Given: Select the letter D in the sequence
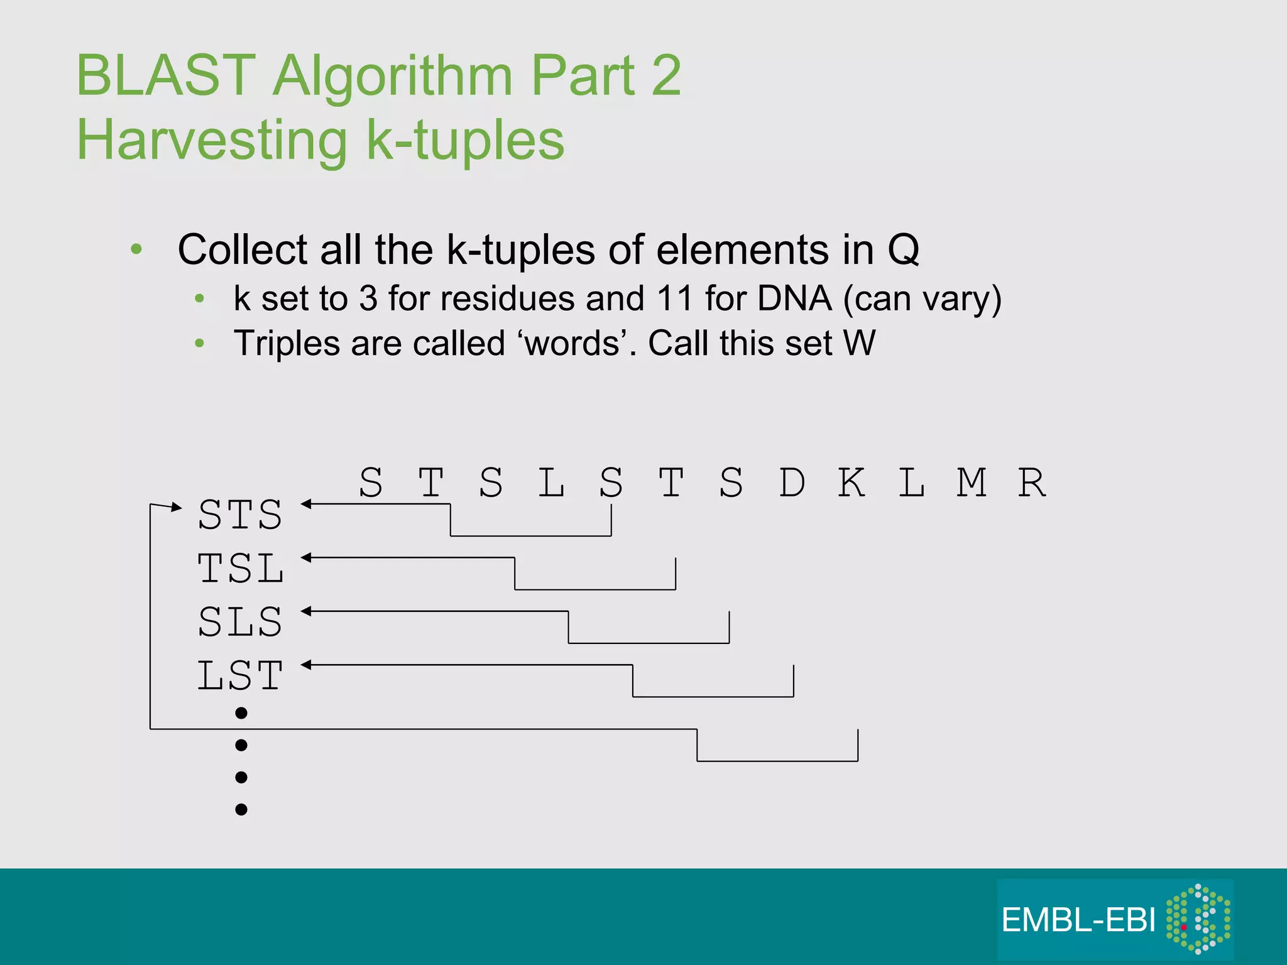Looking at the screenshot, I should click(x=792, y=482).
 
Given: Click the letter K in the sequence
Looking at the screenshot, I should click(x=852, y=482).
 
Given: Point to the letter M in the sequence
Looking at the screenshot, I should click(x=972, y=482).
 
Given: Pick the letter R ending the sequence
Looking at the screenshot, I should click(x=1032, y=482).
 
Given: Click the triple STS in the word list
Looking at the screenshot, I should click(x=240, y=515).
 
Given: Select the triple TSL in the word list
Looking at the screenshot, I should click(x=240, y=569).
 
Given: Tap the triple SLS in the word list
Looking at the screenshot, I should click(x=240, y=622).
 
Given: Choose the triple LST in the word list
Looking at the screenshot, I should click(x=240, y=676).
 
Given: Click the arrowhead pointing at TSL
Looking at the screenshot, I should click(x=306, y=557).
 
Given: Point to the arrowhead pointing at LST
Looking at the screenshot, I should click(x=306, y=665).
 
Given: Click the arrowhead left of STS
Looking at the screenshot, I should click(x=177, y=507).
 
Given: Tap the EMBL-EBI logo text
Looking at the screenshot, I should click(x=1078, y=920).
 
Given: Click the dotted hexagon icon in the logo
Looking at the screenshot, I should click(x=1198, y=919).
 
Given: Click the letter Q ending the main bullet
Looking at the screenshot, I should click(x=904, y=250).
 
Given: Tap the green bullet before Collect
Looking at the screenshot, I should click(x=136, y=249).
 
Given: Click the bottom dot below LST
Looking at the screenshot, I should click(x=241, y=809).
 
